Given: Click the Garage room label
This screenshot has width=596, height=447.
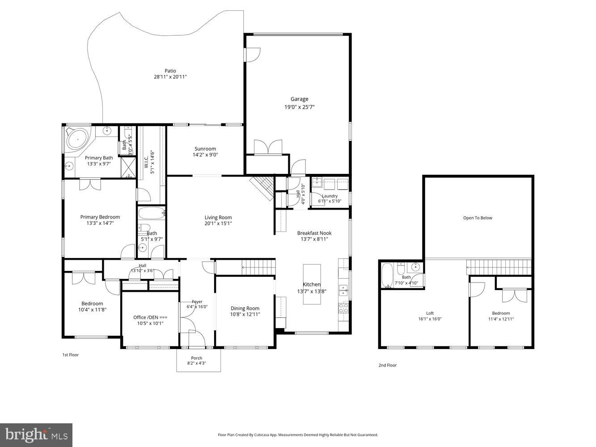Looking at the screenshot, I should [299, 99].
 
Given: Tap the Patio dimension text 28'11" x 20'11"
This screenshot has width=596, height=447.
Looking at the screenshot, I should [170, 77].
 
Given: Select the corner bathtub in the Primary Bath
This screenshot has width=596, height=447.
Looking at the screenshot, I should [78, 139].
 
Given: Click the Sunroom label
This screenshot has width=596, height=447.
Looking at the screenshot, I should [205, 149].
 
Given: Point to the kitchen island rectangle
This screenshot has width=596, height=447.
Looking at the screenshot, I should [312, 284].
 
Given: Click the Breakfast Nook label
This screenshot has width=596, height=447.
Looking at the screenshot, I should [314, 233].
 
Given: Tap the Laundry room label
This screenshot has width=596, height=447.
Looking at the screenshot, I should [330, 196].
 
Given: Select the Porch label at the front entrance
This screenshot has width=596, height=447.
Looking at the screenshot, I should [196, 358].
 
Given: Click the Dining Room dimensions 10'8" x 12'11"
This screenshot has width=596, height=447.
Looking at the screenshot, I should [245, 314].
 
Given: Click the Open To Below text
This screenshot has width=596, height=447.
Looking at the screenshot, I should [477, 218].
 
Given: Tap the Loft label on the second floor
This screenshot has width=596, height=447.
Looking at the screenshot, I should [430, 313].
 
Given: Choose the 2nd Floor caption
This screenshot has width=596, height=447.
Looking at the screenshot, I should [387, 365].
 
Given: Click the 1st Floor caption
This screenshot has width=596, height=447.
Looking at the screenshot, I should [70, 355].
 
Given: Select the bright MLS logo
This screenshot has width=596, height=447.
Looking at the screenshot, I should [36, 435].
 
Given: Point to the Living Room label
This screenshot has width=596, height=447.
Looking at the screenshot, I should [218, 218].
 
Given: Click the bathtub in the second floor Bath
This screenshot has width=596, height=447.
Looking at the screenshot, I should [387, 275].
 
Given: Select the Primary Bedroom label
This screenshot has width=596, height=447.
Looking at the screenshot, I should [100, 217].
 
